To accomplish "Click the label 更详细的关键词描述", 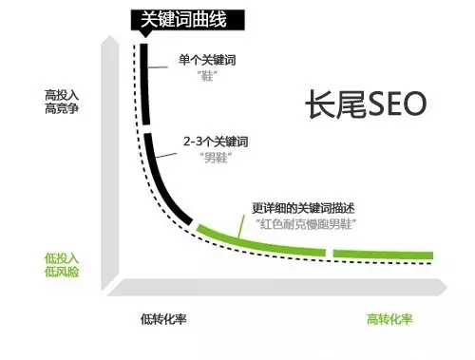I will (301, 208).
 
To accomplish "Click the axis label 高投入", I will (62, 96).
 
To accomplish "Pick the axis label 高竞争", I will (62, 110).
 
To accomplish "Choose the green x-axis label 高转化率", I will (390, 318).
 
